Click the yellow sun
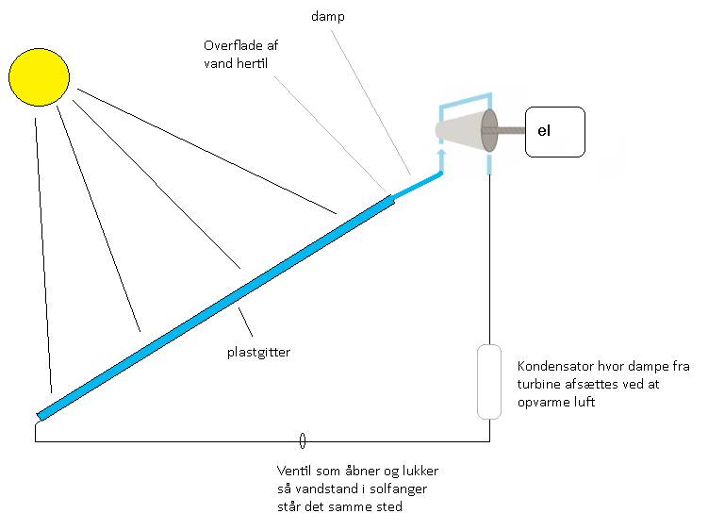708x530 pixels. [x=39, y=77]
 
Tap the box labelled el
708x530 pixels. [x=555, y=130]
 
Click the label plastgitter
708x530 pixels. [x=257, y=352]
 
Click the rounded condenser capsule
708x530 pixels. [x=488, y=381]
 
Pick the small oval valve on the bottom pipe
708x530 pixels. [x=302, y=440]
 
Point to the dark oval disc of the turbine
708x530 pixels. [x=489, y=129]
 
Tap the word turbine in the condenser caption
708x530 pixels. [x=543, y=385]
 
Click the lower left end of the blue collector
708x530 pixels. [x=42, y=412]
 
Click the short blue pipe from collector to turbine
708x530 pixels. [x=418, y=184]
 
